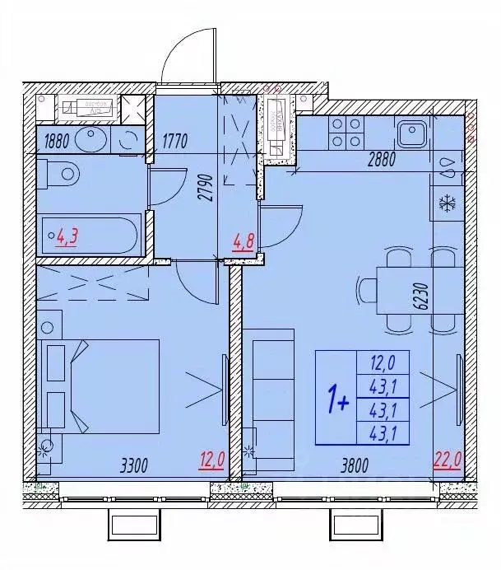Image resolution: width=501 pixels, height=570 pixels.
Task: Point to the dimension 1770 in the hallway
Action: pos(176,140)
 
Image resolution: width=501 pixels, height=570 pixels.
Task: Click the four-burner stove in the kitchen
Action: pos(346,133)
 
